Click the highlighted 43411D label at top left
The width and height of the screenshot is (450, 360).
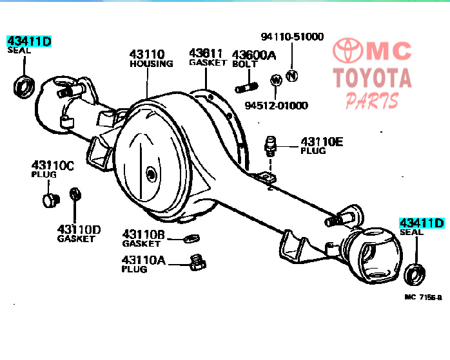[x=29, y=41]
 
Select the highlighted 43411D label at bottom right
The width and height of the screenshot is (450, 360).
[x=422, y=223]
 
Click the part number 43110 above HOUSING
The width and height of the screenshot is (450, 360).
[x=147, y=54]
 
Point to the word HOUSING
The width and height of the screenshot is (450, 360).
[x=152, y=63]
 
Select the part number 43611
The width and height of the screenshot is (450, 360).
[x=206, y=53]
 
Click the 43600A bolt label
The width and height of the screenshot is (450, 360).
[x=254, y=55]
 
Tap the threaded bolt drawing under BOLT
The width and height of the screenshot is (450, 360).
[x=246, y=87]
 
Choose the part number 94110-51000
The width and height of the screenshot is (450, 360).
[x=292, y=37]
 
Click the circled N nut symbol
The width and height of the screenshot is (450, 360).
[x=292, y=76]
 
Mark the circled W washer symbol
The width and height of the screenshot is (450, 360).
[x=276, y=80]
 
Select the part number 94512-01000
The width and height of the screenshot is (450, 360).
[x=276, y=106]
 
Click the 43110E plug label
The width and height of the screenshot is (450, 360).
[x=322, y=142]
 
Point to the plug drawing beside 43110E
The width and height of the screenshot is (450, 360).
[x=270, y=146]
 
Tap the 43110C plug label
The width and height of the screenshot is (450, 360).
[x=52, y=166]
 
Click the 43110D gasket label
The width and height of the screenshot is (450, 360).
[x=79, y=229]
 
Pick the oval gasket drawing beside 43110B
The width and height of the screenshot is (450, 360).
[x=191, y=238]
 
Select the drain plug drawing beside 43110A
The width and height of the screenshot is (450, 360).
[x=197, y=262]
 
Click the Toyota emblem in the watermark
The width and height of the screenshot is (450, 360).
[x=348, y=50]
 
